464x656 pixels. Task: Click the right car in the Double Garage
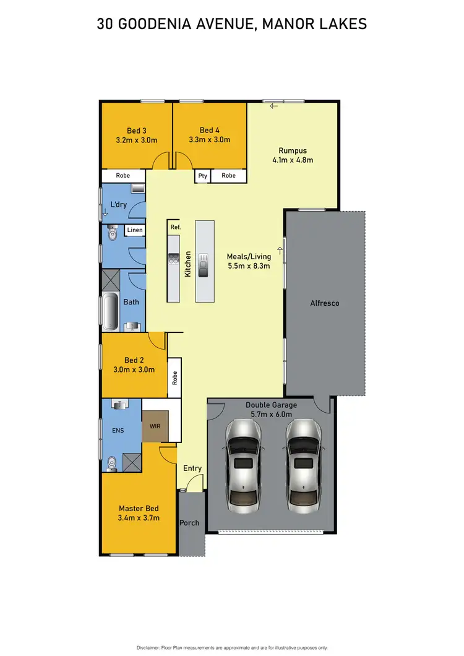[x=303, y=464]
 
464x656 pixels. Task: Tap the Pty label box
[x=202, y=176]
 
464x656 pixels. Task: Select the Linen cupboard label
[x=135, y=230]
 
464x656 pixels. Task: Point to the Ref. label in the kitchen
[x=175, y=228]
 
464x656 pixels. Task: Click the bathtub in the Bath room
[x=110, y=312]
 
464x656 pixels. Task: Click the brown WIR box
[x=155, y=426]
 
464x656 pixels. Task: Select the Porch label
[x=189, y=523]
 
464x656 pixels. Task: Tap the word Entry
[x=192, y=468]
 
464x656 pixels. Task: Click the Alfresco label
[x=324, y=303]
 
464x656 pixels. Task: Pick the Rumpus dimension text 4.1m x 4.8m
[x=293, y=160]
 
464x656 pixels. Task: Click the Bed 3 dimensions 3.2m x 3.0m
[x=137, y=140]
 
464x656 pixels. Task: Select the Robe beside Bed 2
[x=175, y=378]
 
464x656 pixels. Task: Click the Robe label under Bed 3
[x=123, y=176]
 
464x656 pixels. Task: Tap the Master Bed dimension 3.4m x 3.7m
[x=139, y=518]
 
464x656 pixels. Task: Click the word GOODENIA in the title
[x=158, y=24]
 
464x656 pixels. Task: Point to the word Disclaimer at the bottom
[x=150, y=647]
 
